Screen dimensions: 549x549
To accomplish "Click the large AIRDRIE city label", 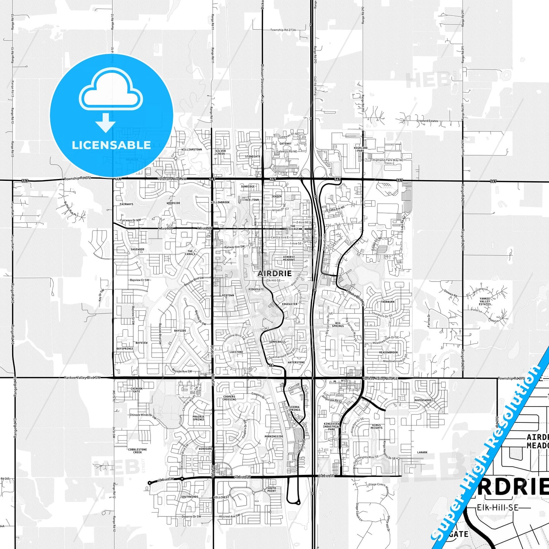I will point(275,273).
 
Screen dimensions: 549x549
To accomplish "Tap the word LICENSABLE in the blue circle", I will point(111,145).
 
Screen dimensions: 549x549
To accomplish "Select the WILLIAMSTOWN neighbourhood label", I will point(191,149).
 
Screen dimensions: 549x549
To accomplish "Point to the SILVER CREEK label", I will point(220,152).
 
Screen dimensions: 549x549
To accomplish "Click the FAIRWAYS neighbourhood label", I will point(127,204).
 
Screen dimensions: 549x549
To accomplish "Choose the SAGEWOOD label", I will point(137,249).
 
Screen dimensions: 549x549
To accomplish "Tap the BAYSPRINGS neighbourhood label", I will point(125,348).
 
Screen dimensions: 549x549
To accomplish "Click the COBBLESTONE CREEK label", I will point(137,451).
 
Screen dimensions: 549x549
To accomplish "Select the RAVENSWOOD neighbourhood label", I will point(423,400).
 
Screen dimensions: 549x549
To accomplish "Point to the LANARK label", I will point(422,452).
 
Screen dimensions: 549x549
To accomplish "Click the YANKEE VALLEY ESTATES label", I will point(485,301).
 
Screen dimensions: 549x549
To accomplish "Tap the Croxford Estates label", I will point(427,121).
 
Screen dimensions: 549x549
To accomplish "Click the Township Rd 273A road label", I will point(283,30).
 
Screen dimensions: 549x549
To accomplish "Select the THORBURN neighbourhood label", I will point(388,302).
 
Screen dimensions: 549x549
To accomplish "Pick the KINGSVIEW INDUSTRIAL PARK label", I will point(331,426).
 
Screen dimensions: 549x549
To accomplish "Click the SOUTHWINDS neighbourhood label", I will point(190,497).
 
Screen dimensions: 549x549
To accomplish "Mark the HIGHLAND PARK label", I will point(361,149).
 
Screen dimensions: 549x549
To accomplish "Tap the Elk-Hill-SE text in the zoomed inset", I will point(498,507).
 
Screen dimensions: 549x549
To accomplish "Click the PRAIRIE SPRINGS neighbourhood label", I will point(198,418).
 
